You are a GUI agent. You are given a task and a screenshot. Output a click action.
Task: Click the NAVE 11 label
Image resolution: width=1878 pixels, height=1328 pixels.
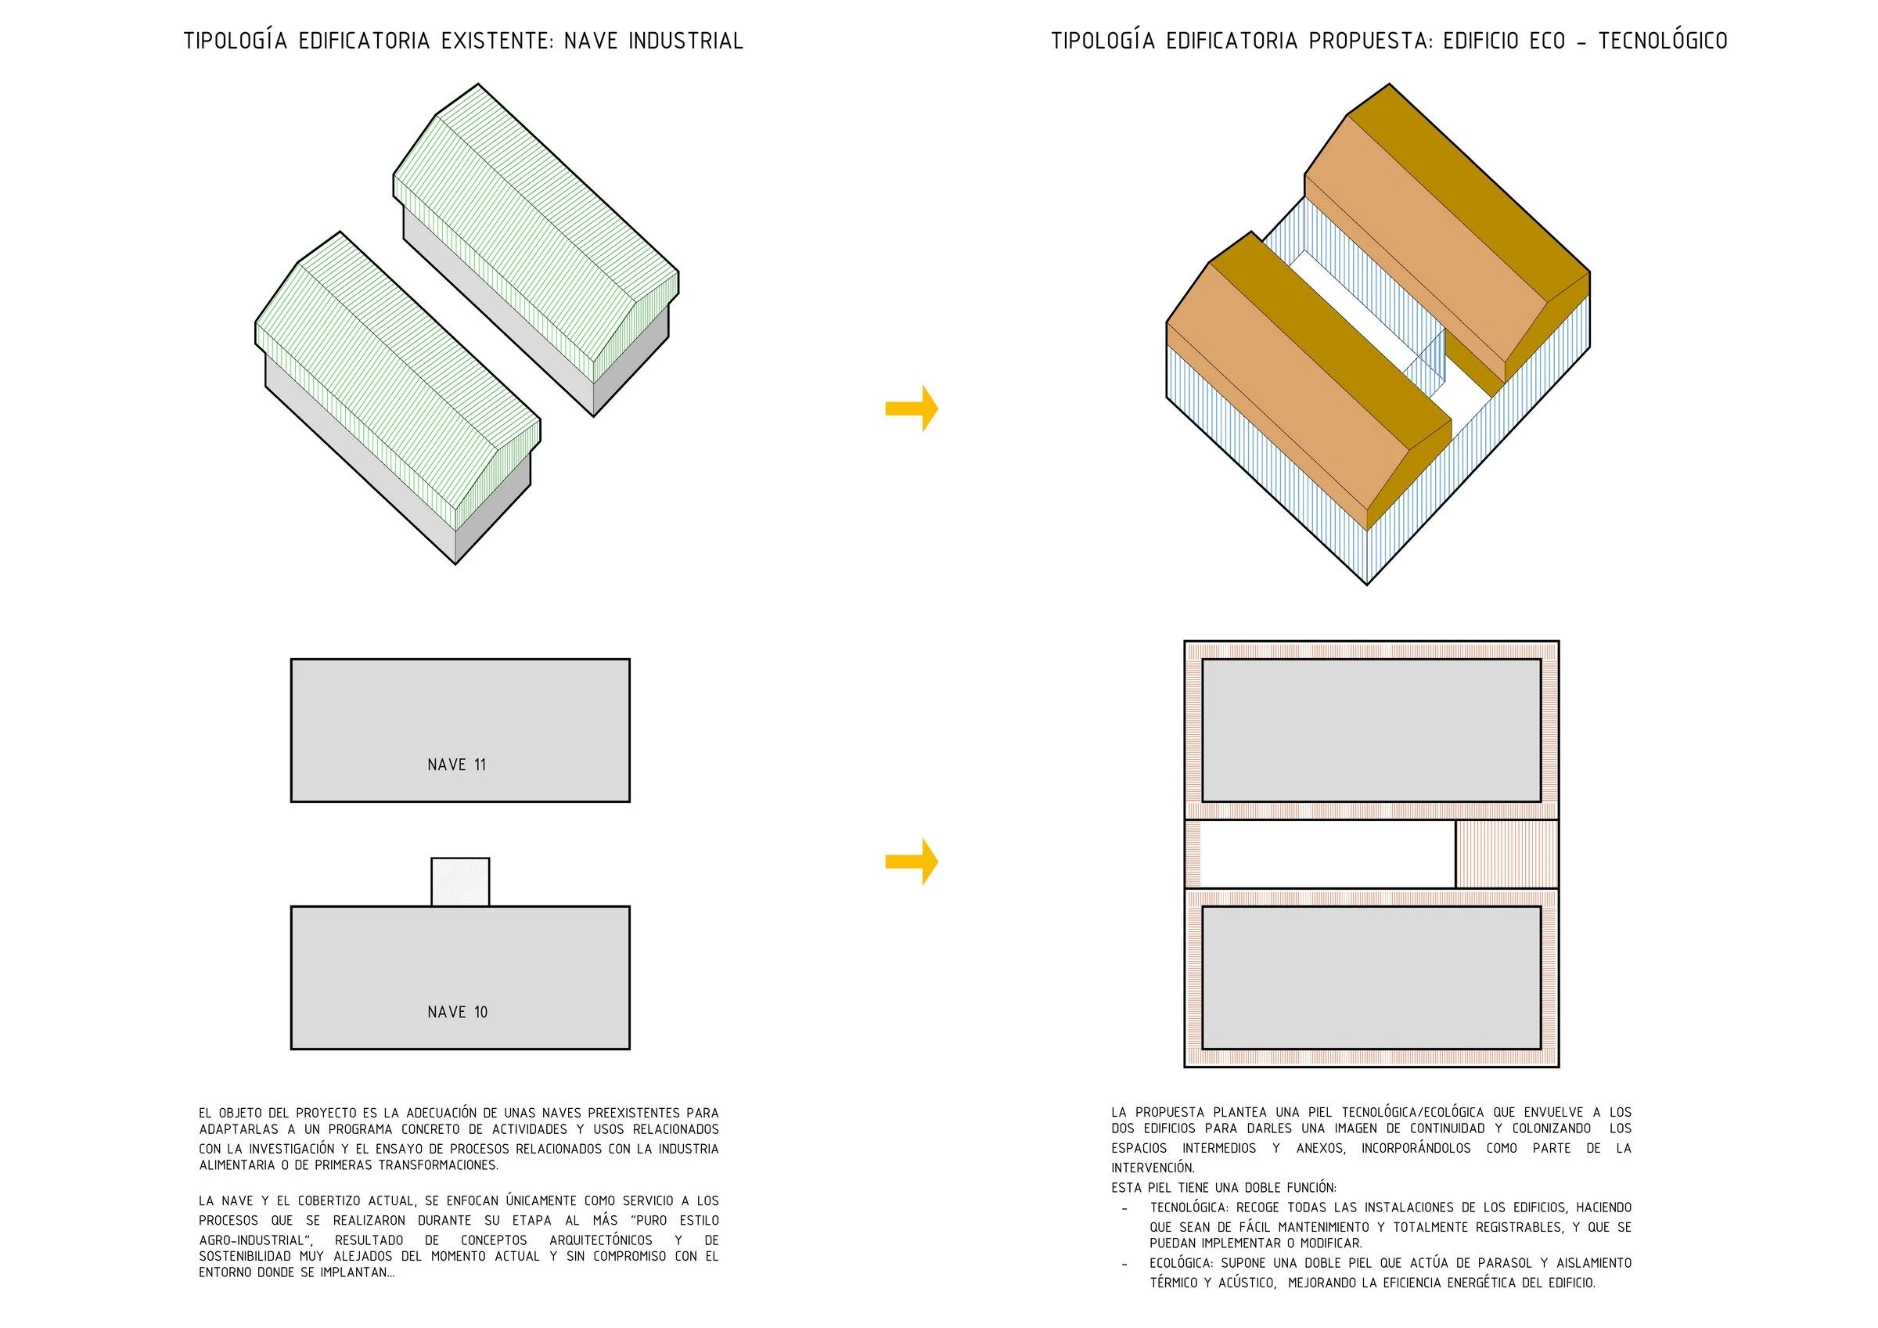(x=456, y=765)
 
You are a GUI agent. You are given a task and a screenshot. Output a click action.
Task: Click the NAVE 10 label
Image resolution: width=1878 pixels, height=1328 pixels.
(x=457, y=1012)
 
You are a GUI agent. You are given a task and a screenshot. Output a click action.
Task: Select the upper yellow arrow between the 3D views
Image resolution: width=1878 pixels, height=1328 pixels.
(x=911, y=408)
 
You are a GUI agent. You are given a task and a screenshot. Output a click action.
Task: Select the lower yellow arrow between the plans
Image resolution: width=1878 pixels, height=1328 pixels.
(x=911, y=862)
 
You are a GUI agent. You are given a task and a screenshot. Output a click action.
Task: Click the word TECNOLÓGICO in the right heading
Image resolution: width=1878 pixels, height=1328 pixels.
(x=1663, y=41)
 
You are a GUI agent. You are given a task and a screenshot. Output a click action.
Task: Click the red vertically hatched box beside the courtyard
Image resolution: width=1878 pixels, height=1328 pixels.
(x=1506, y=855)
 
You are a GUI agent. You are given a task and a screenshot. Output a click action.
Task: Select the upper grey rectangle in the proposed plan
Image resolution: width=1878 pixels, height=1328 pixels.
(x=1372, y=731)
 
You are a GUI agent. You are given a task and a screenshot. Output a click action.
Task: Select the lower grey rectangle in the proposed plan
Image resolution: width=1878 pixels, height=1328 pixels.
(x=1372, y=977)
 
